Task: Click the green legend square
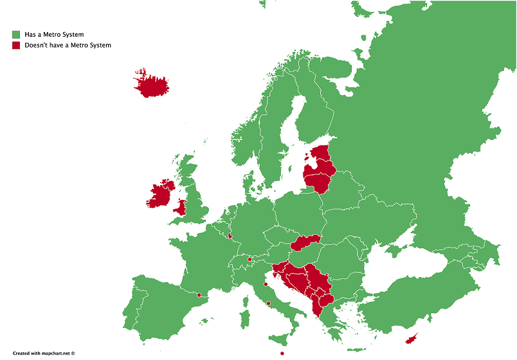(x=15, y=34)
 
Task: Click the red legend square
(x=15, y=45)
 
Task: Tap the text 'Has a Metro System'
(x=53, y=34)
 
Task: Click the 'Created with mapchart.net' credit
(x=44, y=353)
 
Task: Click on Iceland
(x=152, y=84)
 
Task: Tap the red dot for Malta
(x=282, y=354)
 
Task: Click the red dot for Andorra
(x=199, y=295)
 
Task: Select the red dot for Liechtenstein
(x=249, y=259)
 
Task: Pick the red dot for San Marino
(x=266, y=284)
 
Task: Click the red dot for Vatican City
(x=269, y=303)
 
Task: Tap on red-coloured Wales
(x=182, y=208)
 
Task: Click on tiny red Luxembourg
(x=229, y=235)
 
